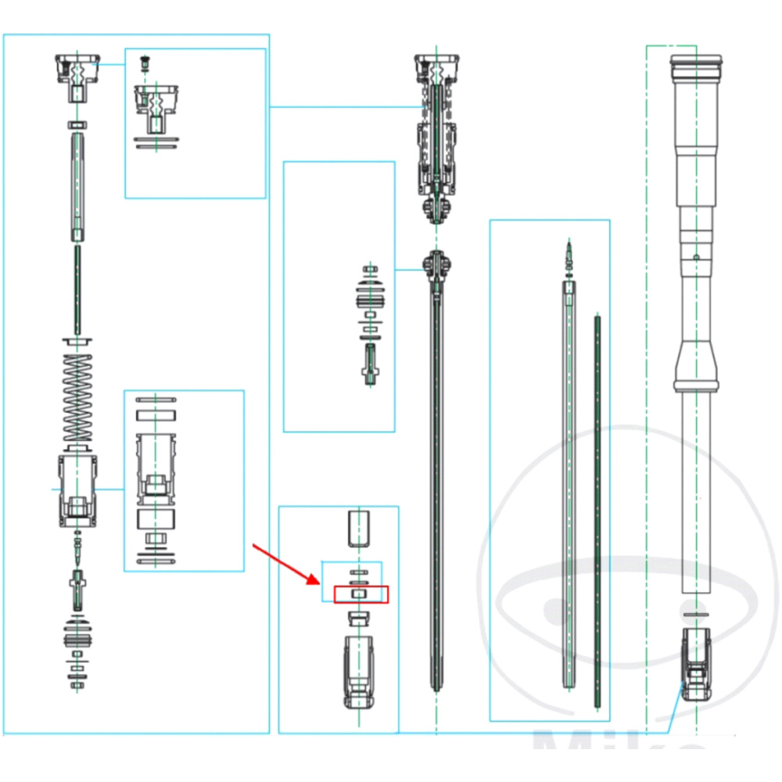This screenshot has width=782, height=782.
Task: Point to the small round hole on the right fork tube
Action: pyautogui.click(x=695, y=256)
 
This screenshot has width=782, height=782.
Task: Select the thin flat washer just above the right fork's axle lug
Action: pyautogui.click(x=695, y=616)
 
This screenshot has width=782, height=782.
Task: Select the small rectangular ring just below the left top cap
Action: pyautogui.click(x=77, y=124)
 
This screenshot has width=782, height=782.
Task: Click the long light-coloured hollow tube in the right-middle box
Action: pyautogui.click(x=569, y=485)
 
